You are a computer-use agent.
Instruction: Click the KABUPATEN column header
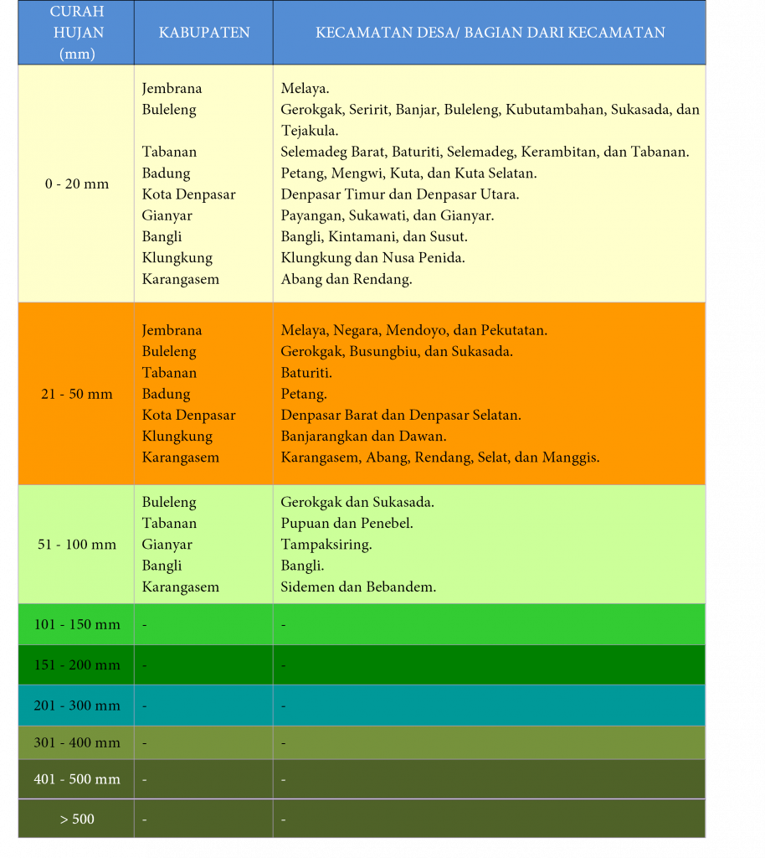click(x=204, y=33)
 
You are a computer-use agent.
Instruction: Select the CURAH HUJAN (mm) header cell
click(x=77, y=33)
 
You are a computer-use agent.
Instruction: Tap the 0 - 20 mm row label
click(x=77, y=183)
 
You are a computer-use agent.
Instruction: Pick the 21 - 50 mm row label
click(x=77, y=394)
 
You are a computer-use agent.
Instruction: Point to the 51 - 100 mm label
click(x=77, y=545)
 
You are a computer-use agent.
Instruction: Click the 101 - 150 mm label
click(x=77, y=625)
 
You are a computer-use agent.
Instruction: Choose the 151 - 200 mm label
click(x=77, y=665)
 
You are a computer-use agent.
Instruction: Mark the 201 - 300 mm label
click(x=77, y=706)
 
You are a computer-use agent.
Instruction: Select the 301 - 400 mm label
click(x=77, y=742)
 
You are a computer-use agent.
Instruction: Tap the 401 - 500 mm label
click(x=77, y=779)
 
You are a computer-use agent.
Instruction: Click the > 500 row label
click(x=77, y=819)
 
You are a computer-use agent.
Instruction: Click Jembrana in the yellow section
click(x=172, y=89)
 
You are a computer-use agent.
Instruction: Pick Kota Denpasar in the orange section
click(x=188, y=416)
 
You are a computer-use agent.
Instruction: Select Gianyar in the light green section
click(x=167, y=545)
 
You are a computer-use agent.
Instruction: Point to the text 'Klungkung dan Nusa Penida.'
click(x=373, y=258)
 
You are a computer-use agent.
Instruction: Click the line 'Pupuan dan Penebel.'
click(x=347, y=524)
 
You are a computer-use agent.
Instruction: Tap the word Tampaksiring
click(x=326, y=545)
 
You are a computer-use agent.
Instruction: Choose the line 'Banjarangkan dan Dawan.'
click(x=363, y=437)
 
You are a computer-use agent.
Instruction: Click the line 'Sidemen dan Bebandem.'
click(x=358, y=587)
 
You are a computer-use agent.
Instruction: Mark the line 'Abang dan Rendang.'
click(x=347, y=280)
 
